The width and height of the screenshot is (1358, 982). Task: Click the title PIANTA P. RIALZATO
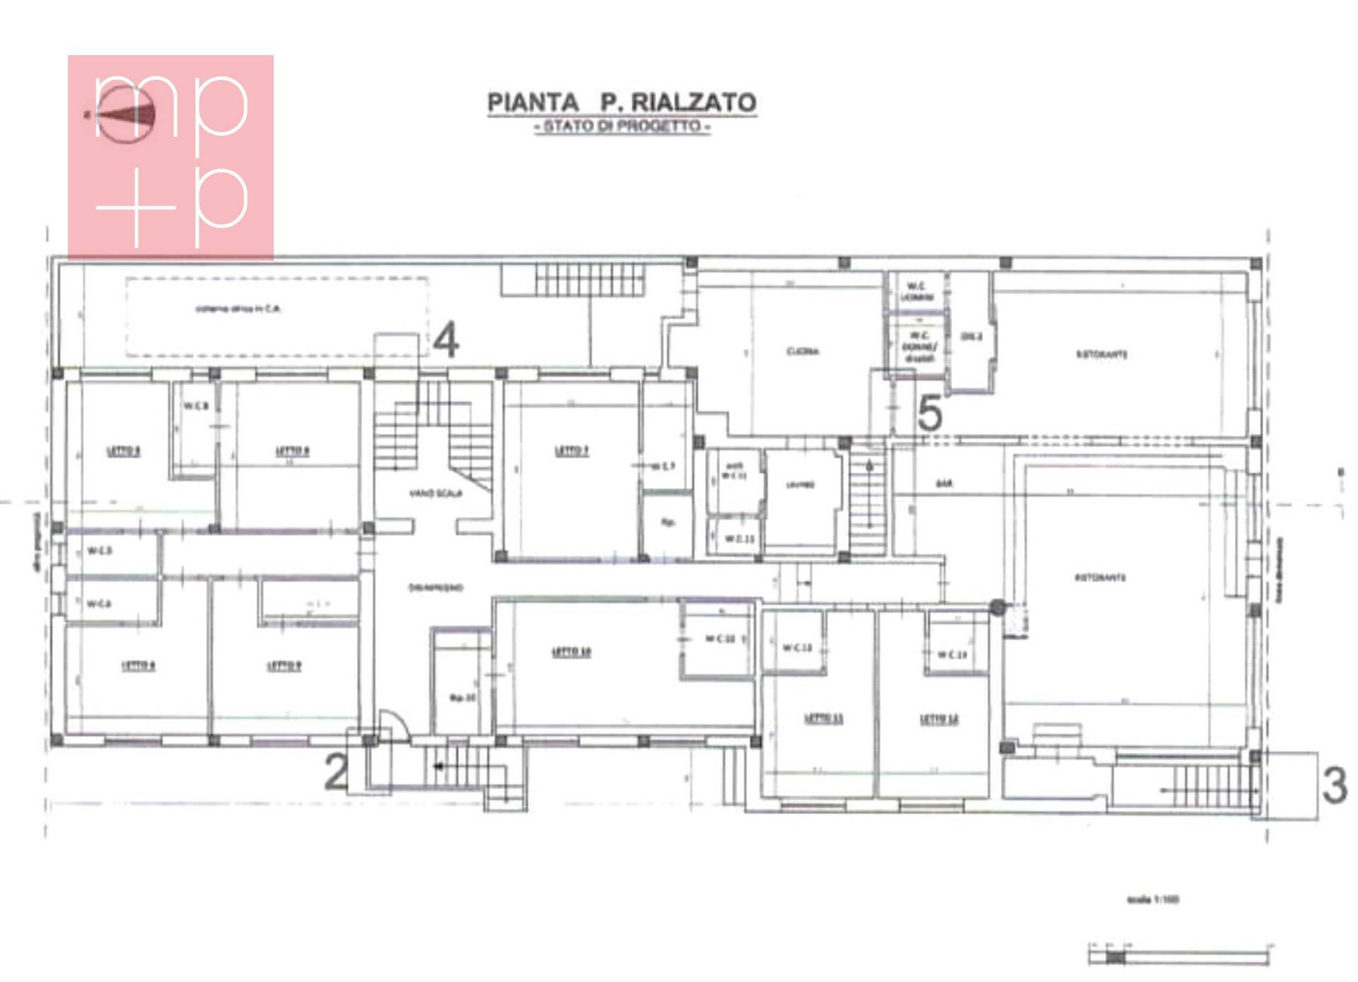click(x=622, y=103)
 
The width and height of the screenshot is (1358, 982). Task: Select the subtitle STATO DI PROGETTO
click(x=622, y=127)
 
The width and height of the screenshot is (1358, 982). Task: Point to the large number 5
click(x=929, y=414)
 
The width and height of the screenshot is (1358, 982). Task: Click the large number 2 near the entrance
click(x=337, y=772)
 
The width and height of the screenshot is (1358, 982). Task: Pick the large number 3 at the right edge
click(x=1334, y=785)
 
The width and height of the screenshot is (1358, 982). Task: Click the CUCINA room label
click(x=803, y=351)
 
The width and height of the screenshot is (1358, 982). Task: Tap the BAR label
click(x=944, y=484)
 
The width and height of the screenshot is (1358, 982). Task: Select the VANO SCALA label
click(x=436, y=493)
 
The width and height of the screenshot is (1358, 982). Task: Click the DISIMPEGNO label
click(x=436, y=588)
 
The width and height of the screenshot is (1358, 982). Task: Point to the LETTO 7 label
click(x=571, y=450)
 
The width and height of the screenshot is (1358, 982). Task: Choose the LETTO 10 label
click(x=571, y=652)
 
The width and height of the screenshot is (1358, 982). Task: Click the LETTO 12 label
click(x=939, y=720)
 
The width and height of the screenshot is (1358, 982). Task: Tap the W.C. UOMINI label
click(x=917, y=291)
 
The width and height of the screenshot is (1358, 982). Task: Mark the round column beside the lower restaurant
click(x=997, y=607)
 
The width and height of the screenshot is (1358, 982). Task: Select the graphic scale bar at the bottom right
click(x=1179, y=957)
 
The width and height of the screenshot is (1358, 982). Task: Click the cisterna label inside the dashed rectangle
click(x=238, y=309)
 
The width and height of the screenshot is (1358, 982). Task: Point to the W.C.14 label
click(x=952, y=655)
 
